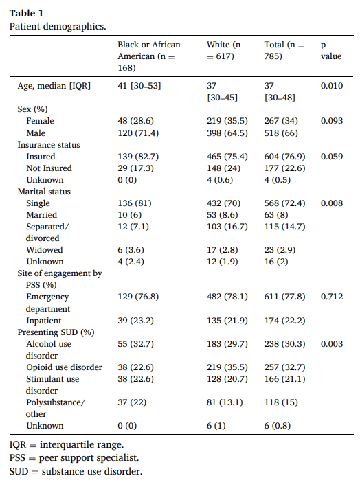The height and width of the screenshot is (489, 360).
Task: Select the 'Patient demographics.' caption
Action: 58,26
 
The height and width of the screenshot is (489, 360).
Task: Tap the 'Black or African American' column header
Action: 149,56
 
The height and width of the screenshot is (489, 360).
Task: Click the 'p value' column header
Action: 331,50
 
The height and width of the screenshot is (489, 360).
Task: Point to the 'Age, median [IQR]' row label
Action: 54,86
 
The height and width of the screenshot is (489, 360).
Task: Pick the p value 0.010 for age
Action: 333,86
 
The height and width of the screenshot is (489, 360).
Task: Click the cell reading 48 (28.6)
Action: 138,121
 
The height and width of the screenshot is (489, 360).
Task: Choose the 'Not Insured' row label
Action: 49,168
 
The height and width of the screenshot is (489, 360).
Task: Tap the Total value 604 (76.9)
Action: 284,157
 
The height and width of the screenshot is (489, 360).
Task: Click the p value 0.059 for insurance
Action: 333,157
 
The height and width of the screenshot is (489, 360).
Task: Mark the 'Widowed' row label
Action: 45,250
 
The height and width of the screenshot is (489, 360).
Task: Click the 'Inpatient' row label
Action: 44,321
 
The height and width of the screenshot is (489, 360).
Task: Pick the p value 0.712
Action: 333,297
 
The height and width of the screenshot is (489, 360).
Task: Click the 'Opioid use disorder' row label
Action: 64,367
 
